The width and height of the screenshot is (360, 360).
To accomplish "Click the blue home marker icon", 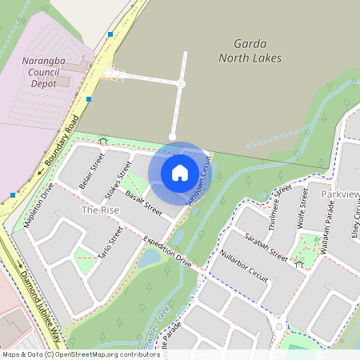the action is pyautogui.click(x=180, y=172).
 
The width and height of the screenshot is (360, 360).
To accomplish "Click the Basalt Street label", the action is pyautogui.click(x=143, y=206).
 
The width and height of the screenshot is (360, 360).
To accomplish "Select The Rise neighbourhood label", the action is pyautogui.click(x=100, y=210).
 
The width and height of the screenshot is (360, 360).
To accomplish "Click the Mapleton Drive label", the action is pyautogui.click(x=38, y=206).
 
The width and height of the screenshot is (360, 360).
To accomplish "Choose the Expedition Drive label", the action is pyautogui.click(x=168, y=251).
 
